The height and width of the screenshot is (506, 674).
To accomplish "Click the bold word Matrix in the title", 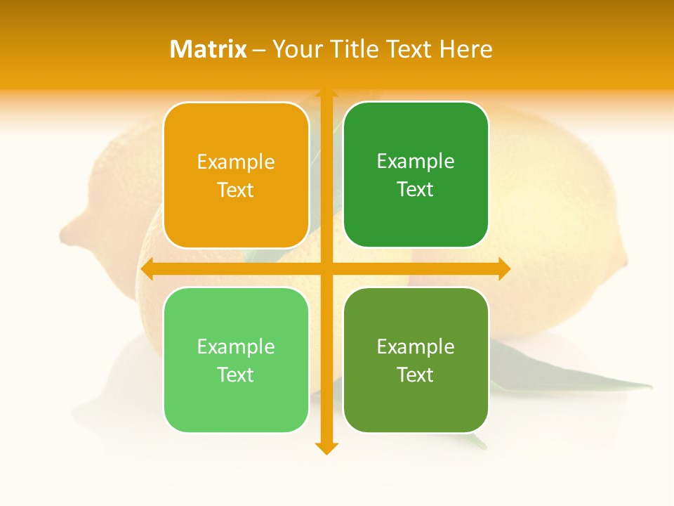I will click(209, 49).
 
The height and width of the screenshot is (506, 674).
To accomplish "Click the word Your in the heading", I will click(296, 49).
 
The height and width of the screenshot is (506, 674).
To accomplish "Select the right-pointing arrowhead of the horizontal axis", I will click(503, 268).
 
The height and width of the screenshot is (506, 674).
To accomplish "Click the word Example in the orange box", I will click(236, 162).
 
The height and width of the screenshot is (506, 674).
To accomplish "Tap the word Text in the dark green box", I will click(416, 190).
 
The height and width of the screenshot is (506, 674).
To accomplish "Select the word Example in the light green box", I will click(236, 347).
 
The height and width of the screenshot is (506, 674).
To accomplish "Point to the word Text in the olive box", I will click(416, 375).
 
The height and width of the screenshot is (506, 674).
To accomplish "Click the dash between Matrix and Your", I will click(259, 50).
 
